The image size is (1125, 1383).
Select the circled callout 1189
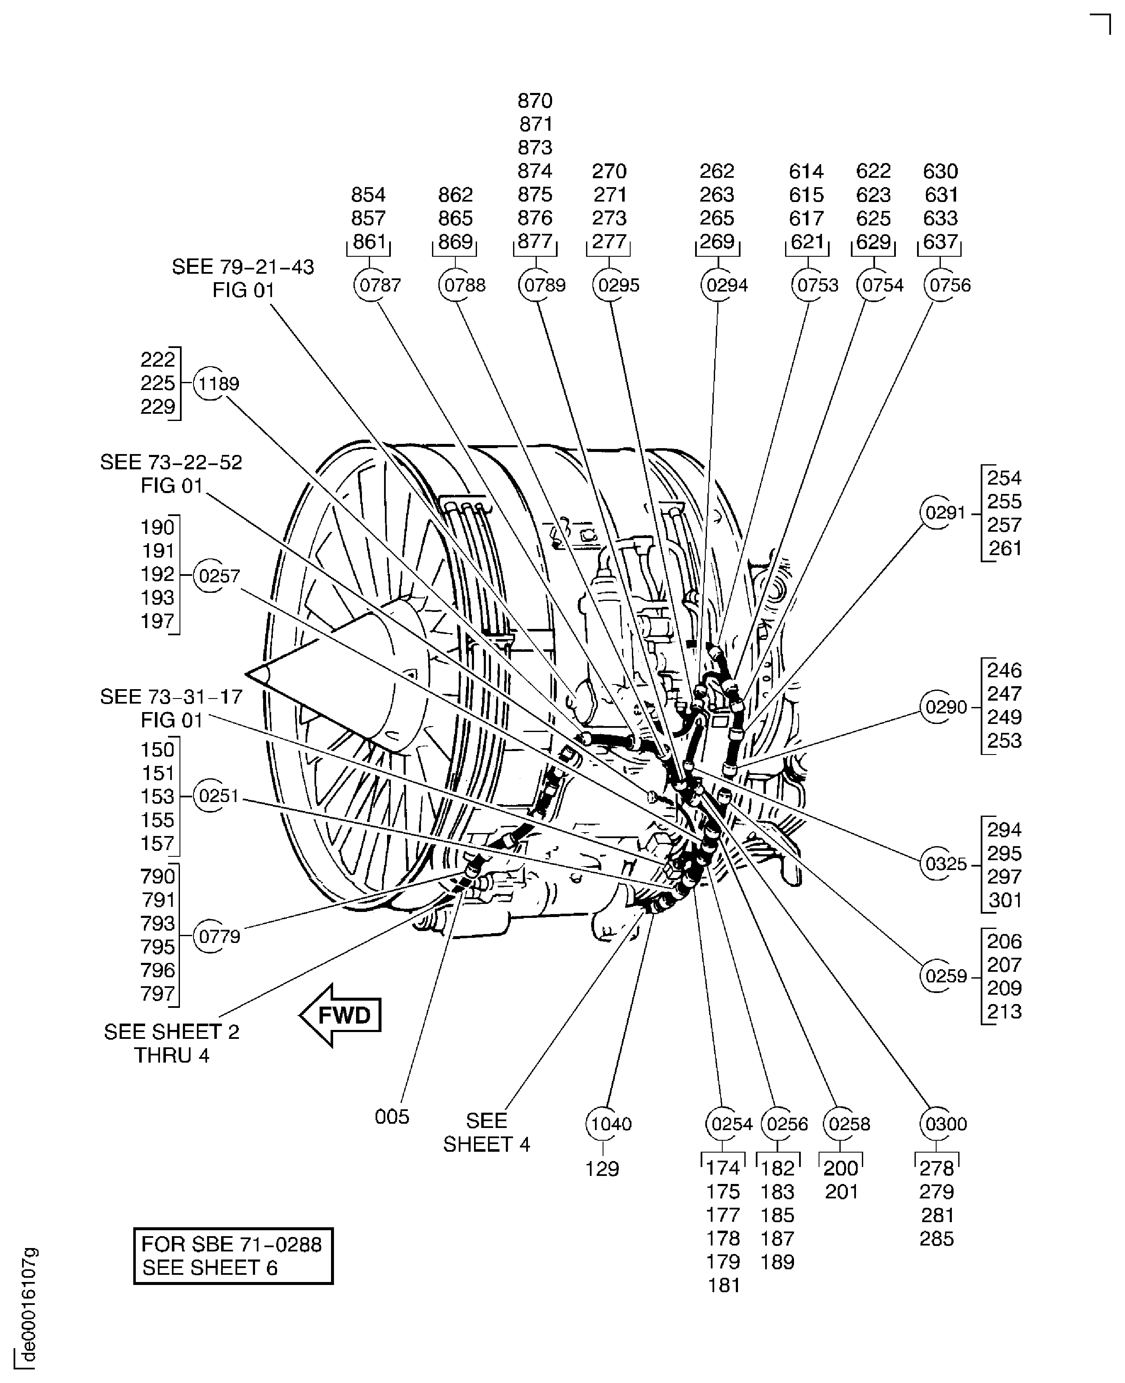click(210, 384)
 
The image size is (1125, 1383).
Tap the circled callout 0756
click(941, 285)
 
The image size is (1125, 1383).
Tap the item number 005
click(392, 1116)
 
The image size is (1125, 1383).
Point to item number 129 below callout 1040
click(602, 1169)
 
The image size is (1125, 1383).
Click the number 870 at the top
click(535, 101)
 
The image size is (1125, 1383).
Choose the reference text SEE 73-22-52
click(171, 462)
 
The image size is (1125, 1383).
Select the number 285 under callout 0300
click(937, 1238)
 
